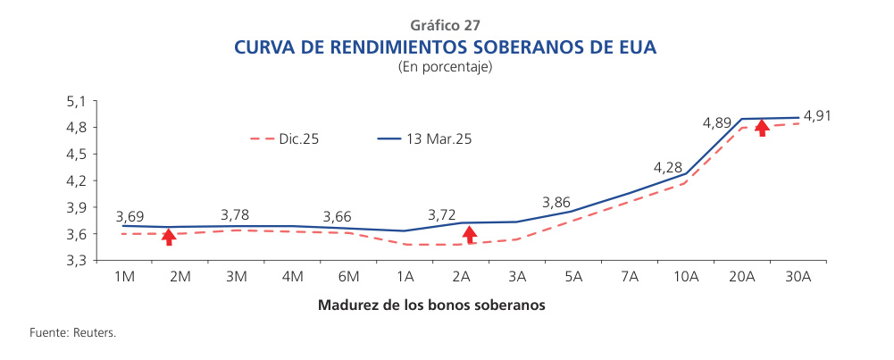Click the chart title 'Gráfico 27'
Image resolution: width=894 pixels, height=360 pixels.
click(446, 24)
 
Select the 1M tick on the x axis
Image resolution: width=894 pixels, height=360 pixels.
click(123, 277)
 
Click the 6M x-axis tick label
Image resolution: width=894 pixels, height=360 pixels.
click(348, 277)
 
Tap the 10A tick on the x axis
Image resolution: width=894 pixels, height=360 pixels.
click(686, 277)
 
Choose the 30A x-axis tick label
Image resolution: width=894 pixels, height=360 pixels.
click(798, 277)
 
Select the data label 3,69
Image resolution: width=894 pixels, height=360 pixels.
click(130, 217)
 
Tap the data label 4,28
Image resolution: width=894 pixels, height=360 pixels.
click(668, 167)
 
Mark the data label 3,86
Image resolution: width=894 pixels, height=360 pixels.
click(556, 203)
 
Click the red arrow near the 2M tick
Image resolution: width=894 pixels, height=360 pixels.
click(169, 237)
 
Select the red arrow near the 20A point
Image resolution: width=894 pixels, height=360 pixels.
click(762, 128)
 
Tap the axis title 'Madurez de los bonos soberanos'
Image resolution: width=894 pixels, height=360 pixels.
click(431, 305)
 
